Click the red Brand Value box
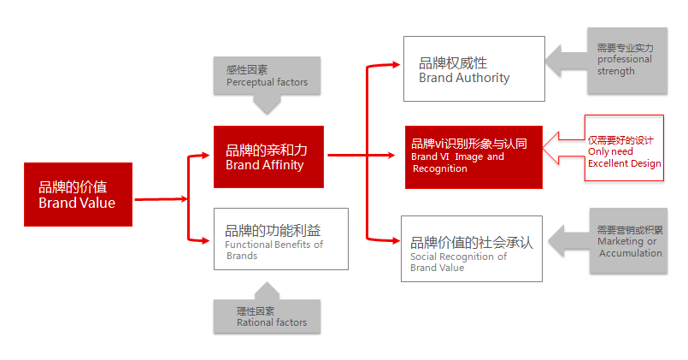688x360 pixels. pos(78,194)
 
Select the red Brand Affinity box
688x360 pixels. pos(268,156)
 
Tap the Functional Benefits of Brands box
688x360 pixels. pos(280,239)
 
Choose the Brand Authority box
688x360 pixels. pos(473,68)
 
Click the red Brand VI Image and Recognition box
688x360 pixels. pos(473,157)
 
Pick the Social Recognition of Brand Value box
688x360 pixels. pos(471,248)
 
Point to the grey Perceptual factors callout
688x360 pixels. pos(267,76)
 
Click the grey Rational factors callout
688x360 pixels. pos(267,316)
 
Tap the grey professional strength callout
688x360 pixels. pos(626,61)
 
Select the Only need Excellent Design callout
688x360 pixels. pos(624,148)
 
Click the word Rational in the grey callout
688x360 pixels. pos(256,322)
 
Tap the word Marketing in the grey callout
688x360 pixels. pos(620,241)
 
